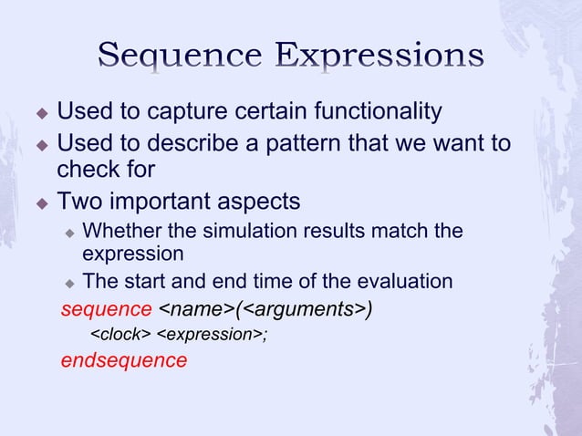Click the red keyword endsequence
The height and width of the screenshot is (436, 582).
pyautogui.click(x=123, y=360)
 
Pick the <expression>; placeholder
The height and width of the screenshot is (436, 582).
pyautogui.click(x=213, y=335)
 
